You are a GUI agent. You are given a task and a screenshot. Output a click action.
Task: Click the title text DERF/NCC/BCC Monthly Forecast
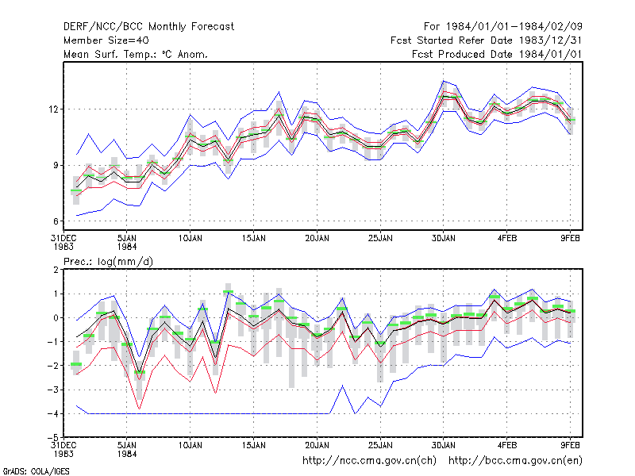point(148,27)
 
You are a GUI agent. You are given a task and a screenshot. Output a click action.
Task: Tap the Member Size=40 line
point(106,40)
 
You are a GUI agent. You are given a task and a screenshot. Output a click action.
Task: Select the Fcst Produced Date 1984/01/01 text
point(497,54)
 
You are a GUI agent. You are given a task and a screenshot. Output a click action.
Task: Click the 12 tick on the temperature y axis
point(54,109)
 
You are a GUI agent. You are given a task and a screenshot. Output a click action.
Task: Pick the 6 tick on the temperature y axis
point(56,221)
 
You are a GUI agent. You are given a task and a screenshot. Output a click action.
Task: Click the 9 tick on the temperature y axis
point(56,165)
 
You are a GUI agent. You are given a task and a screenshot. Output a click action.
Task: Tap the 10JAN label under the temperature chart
point(190,239)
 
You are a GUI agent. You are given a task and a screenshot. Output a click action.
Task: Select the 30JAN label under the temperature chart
point(444,239)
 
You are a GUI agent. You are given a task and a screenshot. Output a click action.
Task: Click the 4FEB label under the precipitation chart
point(507,445)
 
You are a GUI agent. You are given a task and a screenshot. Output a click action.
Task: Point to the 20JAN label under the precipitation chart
point(317,445)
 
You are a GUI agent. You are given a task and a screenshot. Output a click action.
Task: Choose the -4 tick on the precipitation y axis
point(53,413)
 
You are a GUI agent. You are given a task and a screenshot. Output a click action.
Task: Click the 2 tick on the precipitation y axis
point(56,270)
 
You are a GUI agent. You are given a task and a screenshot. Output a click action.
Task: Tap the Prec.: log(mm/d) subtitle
point(108,262)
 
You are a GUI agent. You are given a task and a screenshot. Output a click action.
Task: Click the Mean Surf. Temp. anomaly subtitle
point(136,54)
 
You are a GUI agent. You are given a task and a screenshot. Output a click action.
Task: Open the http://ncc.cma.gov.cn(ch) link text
point(369,461)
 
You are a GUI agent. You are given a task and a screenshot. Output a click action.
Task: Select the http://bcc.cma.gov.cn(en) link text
point(515,461)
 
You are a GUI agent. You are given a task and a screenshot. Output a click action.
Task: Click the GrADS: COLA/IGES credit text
point(37,471)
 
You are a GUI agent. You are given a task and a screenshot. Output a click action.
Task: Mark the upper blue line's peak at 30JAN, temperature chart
point(444,81)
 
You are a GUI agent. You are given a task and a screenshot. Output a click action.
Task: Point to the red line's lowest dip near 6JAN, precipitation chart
point(140,409)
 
